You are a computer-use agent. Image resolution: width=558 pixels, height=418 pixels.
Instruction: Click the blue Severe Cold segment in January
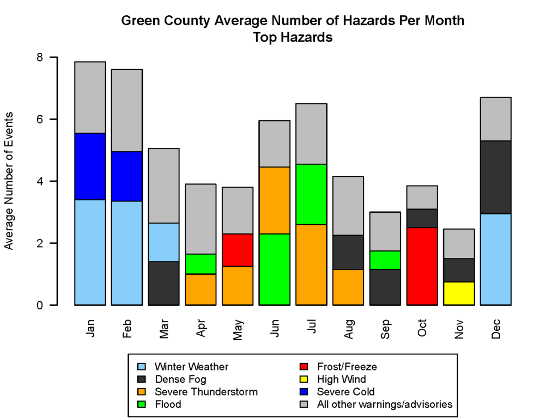click(x=90, y=167)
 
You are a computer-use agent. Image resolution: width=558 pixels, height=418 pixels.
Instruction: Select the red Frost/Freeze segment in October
click(x=422, y=266)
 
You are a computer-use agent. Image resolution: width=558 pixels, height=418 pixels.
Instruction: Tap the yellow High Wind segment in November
click(x=459, y=293)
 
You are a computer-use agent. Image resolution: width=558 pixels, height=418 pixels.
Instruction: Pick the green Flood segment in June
click(x=274, y=269)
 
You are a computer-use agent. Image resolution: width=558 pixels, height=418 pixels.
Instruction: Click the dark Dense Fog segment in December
click(x=496, y=177)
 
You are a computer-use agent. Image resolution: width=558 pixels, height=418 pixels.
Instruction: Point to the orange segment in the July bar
click(x=311, y=265)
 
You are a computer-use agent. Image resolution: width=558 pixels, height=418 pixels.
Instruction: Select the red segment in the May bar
click(x=238, y=250)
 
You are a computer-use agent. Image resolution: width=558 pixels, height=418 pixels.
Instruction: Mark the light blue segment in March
click(x=163, y=242)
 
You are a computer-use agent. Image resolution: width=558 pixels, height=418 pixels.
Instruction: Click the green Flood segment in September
click(x=385, y=260)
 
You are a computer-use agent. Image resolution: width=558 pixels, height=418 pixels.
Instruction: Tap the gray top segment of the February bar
click(x=126, y=110)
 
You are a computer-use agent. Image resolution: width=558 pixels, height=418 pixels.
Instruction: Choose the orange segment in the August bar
click(x=348, y=287)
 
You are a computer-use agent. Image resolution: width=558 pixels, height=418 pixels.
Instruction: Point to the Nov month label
click(x=459, y=328)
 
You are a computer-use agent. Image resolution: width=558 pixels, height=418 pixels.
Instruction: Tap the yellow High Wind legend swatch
click(x=306, y=379)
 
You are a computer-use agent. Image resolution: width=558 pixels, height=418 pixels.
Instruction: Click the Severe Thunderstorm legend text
click(x=206, y=392)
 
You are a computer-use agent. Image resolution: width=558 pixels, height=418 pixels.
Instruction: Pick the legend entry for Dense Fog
click(x=180, y=379)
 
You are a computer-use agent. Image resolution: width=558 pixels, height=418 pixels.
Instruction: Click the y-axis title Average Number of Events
click(x=9, y=181)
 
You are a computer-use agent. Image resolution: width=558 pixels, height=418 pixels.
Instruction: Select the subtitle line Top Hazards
click(x=293, y=38)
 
